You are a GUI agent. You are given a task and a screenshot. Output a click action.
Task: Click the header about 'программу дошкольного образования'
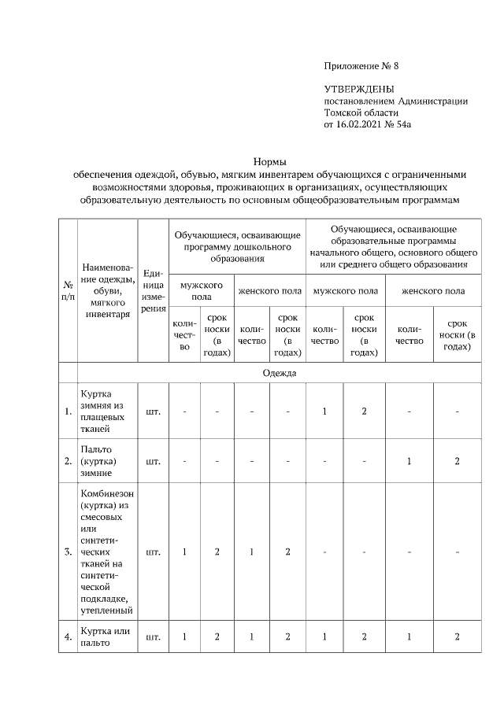pos(236,245)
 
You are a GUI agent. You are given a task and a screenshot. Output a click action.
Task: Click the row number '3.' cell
pos(68,552)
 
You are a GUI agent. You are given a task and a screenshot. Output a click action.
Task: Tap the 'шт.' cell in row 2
pos(153,461)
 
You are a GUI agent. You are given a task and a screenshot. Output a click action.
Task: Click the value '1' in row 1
pos(324,411)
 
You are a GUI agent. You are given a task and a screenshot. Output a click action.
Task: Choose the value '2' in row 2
pos(457,461)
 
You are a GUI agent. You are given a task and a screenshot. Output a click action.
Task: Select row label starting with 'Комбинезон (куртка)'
pos(107,552)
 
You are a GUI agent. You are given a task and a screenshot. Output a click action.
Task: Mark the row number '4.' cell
pos(68,636)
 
